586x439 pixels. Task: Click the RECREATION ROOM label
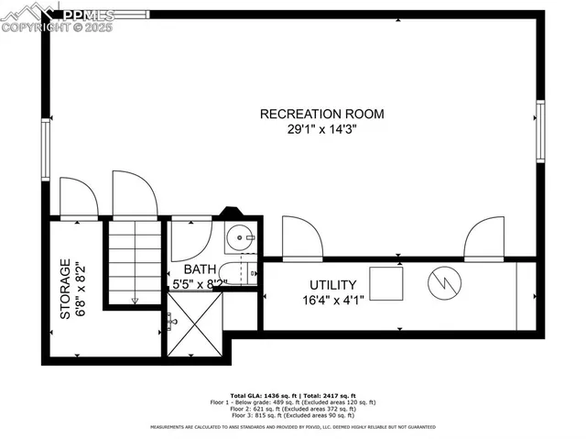(x=321, y=114)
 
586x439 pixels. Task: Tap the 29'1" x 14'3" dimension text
(x=321, y=130)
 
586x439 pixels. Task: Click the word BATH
(x=200, y=269)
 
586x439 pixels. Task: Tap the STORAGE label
(x=65, y=289)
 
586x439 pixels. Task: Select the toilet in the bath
(x=246, y=273)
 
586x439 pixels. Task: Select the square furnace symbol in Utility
(x=385, y=281)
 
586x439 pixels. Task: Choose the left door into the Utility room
(x=301, y=239)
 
